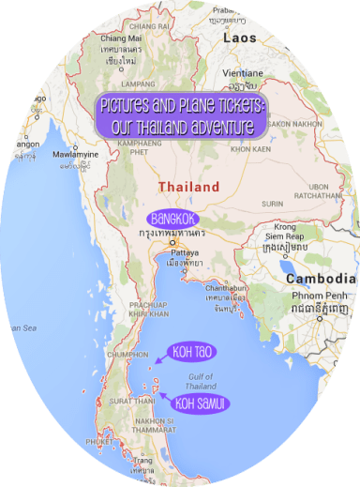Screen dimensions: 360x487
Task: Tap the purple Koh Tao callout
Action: tap(190, 353)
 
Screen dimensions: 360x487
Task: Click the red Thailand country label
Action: tap(188, 187)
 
